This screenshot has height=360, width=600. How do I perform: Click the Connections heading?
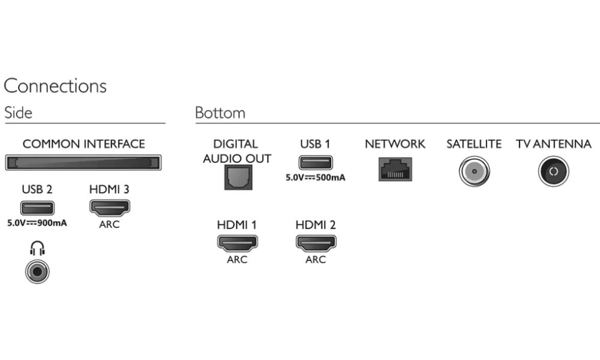pos(55,86)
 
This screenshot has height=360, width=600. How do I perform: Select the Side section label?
pos(18,113)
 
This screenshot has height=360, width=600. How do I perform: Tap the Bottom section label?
pos(220,113)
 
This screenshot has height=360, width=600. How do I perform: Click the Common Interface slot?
pos(83,162)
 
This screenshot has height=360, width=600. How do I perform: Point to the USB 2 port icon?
pos(37,208)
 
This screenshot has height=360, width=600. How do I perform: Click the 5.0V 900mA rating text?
pos(37,223)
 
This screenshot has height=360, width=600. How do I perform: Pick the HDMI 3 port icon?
pos(109,208)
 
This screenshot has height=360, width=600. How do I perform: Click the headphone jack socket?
pos(37,271)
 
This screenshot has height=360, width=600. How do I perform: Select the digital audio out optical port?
pos(237,177)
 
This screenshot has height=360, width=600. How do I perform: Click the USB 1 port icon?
pos(316,163)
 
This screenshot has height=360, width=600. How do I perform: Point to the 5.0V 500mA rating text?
pos(316,177)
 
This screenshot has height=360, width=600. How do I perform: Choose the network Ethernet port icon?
pos(394,169)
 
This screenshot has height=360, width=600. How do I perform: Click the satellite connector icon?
pos(473,172)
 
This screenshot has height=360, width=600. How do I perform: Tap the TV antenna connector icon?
pos(553,172)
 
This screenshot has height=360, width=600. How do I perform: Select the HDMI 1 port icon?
pos(237,242)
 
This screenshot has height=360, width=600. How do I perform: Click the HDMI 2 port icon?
pos(316,242)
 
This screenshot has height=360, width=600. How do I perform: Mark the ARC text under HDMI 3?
pos(109,224)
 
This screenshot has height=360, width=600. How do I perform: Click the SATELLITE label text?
pos(473,144)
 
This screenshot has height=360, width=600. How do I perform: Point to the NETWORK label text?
pos(394,144)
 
